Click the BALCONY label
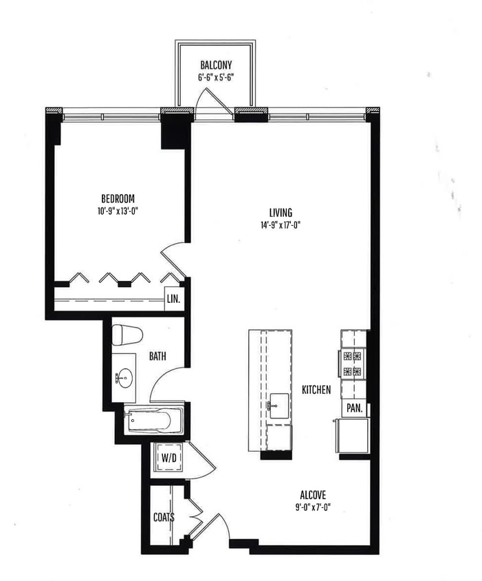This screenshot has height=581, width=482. coord(216,67)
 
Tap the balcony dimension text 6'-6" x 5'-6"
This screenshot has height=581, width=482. coord(216,78)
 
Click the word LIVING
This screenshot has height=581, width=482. coord(281,212)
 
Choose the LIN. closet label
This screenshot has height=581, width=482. coord(173,299)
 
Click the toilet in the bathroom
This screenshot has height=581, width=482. coord(127,335)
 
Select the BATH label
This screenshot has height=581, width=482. coord(158,357)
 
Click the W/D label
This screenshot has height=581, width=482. coord(168,457)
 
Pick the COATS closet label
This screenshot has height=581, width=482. coord(164,517)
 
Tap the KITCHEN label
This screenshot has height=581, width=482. coord(316,390)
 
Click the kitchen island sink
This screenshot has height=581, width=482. coord(278,405)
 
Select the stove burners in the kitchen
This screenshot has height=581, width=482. coord(352,364)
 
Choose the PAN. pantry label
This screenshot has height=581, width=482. coord(354,409)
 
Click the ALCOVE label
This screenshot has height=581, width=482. coord(313,495)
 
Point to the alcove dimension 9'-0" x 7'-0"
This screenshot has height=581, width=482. coord(313,507)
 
